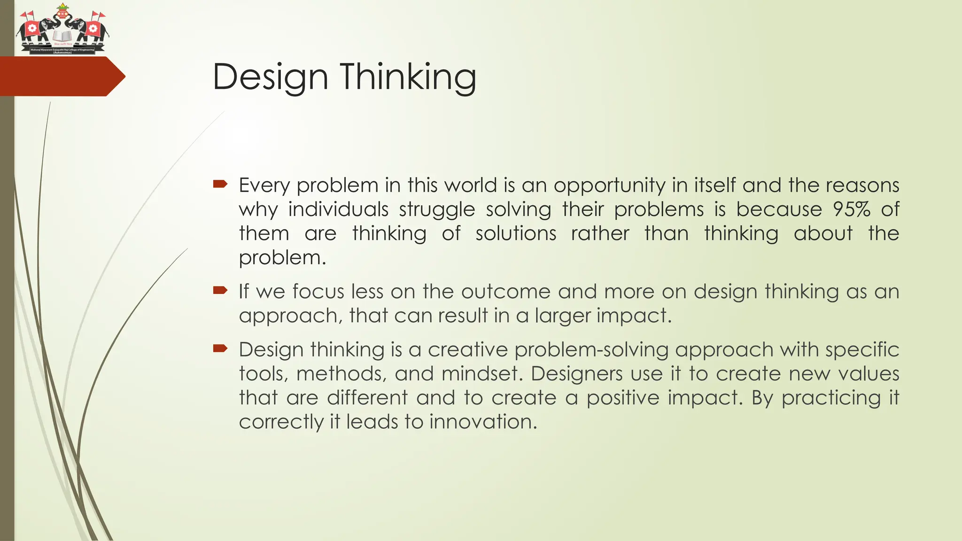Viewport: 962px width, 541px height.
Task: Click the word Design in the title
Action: tap(270, 77)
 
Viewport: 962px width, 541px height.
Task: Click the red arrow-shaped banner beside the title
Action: tap(61, 77)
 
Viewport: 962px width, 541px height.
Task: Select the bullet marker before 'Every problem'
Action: tap(220, 184)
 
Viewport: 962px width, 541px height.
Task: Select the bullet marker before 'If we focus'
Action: tap(220, 290)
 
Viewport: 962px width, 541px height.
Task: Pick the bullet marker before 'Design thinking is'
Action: tap(220, 348)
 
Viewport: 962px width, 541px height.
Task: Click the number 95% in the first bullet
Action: tap(851, 209)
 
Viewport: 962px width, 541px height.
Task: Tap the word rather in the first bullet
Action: tap(600, 233)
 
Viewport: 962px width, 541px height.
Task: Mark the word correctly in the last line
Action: tap(280, 422)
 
